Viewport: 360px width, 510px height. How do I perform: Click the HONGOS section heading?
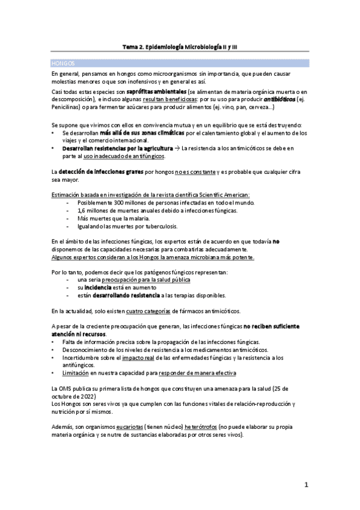point(63,63)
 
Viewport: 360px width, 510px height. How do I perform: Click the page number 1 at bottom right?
point(306,485)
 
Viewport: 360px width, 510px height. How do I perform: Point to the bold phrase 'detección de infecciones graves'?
point(101,172)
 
